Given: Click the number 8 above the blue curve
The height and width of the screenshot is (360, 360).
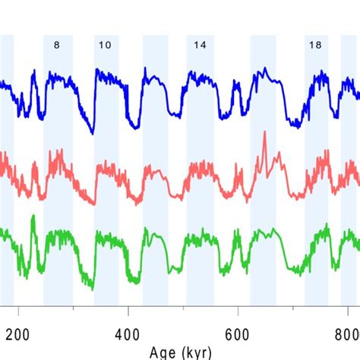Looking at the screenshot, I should pyautogui.click(x=57, y=45).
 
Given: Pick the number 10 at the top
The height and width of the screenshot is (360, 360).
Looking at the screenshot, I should pyautogui.click(x=105, y=45).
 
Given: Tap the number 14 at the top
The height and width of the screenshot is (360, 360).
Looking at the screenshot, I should pyautogui.click(x=199, y=45).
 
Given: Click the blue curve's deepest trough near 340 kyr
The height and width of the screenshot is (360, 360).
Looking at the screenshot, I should pyautogui.click(x=93, y=133).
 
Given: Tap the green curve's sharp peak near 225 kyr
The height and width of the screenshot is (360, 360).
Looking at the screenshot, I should pyautogui.click(x=33, y=217).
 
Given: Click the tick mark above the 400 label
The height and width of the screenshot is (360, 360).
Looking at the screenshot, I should pyautogui.click(x=128, y=310).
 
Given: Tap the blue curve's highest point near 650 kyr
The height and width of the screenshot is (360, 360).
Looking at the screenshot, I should pyautogui.click(x=265, y=69).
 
